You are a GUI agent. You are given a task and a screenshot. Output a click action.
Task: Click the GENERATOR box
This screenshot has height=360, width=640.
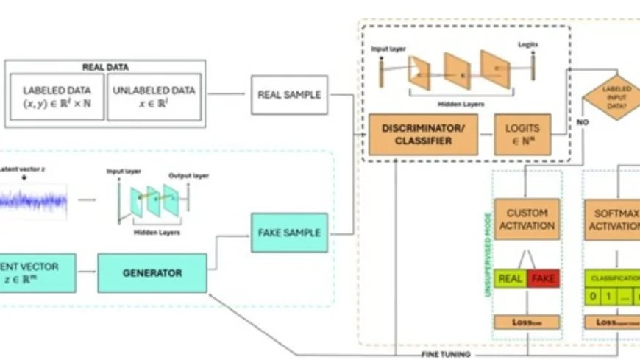(152, 272)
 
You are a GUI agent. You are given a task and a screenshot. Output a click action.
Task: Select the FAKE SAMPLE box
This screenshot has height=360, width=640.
(288, 233)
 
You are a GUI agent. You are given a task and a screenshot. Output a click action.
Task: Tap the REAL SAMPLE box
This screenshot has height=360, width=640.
(288, 95)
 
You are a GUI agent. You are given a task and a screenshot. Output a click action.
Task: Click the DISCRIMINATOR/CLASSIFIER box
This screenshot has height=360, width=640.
(422, 135)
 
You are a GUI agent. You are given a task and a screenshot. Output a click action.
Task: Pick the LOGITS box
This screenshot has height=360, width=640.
(522, 134)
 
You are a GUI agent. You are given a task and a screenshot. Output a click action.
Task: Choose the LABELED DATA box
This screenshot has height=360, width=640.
(58, 96)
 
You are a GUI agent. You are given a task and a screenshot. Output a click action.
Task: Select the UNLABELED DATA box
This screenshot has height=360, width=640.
(154, 96)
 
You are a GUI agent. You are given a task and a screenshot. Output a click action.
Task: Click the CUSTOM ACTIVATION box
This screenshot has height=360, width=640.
(527, 219)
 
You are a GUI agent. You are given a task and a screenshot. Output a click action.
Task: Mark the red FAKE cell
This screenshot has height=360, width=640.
(544, 278)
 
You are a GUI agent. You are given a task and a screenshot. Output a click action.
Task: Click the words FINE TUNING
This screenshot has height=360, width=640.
(445, 354)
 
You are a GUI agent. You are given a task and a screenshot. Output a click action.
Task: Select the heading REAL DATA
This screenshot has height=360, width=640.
(106, 67)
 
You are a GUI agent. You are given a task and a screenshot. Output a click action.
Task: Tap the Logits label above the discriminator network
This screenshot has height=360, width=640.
(527, 45)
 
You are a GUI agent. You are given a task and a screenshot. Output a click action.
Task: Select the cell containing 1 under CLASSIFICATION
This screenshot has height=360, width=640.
(608, 298)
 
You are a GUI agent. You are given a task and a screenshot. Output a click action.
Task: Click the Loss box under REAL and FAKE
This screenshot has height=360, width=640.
(527, 322)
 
